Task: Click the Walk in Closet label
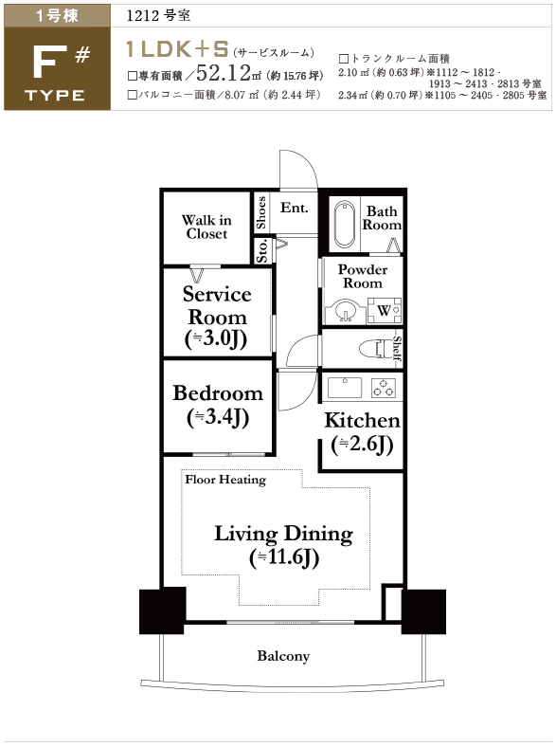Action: [206, 227]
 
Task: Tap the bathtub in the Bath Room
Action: [345, 225]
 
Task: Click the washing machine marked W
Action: [385, 311]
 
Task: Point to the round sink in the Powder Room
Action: [344, 311]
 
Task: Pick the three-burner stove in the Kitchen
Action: [384, 388]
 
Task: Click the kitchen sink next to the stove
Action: [345, 388]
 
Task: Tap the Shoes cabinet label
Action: [260, 212]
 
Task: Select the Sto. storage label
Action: [262, 250]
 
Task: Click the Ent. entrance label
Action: [294, 208]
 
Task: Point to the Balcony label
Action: [283, 657]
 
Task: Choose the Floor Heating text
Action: [225, 480]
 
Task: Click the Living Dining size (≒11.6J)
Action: [284, 557]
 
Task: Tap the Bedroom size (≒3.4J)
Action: [218, 418]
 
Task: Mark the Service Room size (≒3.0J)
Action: [216, 339]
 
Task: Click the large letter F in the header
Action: [49, 64]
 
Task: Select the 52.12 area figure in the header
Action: [224, 73]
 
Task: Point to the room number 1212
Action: [142, 16]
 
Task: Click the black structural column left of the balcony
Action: [162, 610]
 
